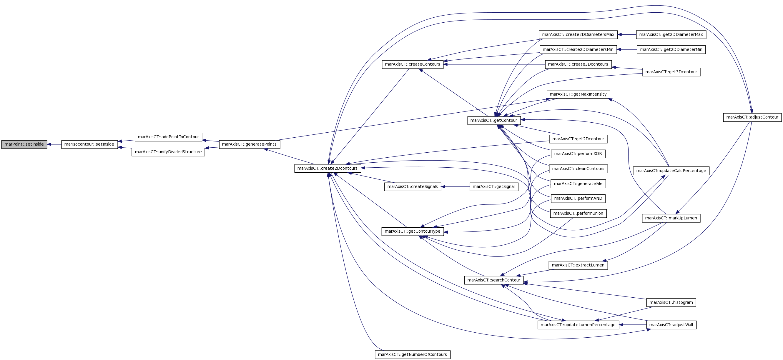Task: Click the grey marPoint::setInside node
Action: [x=24, y=144]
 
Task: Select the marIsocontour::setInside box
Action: [x=89, y=144]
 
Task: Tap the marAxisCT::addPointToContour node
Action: [x=168, y=137]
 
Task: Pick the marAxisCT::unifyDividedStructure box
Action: [x=168, y=152]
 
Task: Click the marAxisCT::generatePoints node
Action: [x=250, y=144]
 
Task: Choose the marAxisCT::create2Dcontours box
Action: [x=328, y=168]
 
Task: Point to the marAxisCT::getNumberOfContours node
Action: [x=413, y=354]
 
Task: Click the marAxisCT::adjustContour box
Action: [x=752, y=117]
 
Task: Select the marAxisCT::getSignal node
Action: [x=494, y=186]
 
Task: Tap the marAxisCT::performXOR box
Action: [x=578, y=154]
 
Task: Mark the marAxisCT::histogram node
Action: [x=671, y=302]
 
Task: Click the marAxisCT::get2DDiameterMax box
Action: [x=671, y=35]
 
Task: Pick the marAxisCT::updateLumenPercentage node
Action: [x=578, y=325]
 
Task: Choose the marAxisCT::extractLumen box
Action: [x=578, y=265]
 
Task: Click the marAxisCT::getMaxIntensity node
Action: [x=578, y=94]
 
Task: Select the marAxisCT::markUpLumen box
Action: [x=671, y=218]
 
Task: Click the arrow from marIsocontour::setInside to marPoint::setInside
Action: [x=54, y=144]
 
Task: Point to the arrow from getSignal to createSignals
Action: [x=455, y=186]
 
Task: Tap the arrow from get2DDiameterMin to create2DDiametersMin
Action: [x=627, y=49]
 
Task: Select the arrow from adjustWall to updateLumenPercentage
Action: [x=633, y=325]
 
